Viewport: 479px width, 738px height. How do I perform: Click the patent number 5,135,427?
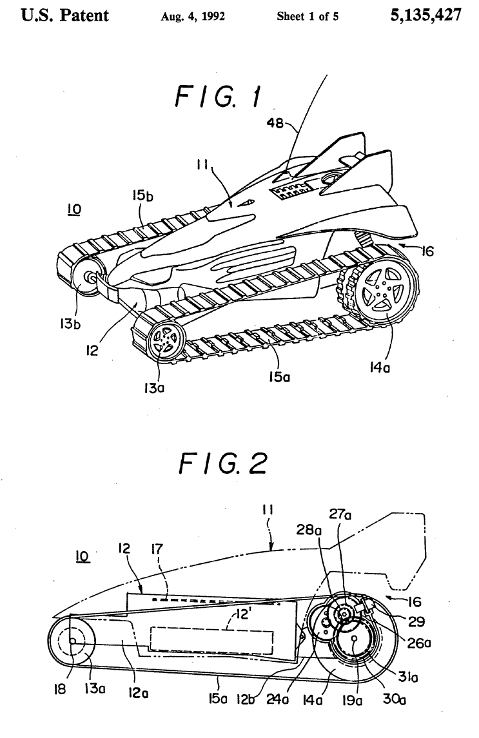point(425,15)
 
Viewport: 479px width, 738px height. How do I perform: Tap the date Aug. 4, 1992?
point(193,17)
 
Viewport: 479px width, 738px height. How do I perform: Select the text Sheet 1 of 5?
point(308,17)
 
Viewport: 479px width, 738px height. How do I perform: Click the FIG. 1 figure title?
point(218,97)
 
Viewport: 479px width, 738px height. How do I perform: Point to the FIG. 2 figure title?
point(223,463)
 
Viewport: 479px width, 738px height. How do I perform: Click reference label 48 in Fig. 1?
point(275,123)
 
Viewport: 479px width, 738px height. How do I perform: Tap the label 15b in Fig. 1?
point(142,195)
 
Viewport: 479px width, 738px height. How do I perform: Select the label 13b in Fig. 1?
point(70,324)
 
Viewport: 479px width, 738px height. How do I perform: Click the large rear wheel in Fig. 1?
point(386,291)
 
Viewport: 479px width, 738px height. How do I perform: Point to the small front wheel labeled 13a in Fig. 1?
point(164,340)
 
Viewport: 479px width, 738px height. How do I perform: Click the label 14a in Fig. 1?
point(380,367)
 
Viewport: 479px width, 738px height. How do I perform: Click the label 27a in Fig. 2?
point(340,514)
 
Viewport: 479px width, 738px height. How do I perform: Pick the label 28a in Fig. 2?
point(309,530)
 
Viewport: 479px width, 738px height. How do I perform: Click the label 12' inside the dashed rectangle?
point(242,615)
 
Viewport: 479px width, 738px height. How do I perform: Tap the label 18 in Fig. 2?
point(61,690)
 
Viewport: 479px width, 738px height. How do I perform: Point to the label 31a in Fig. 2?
point(408,677)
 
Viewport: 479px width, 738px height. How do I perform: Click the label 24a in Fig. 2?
point(277,699)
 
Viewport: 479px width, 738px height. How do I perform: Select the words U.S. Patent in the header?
point(65,15)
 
